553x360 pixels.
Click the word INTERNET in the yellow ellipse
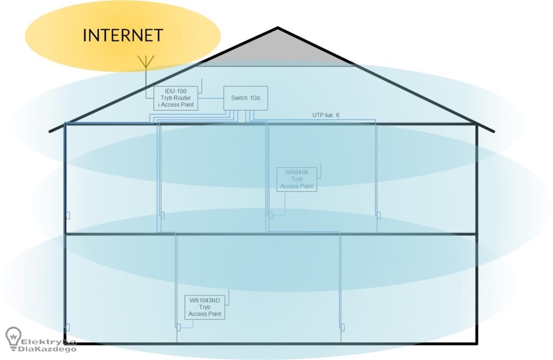point(123,36)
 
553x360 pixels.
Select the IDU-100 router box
point(176,98)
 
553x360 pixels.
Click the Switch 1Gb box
point(246,98)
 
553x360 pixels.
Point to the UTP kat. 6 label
point(326,115)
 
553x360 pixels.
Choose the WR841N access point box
point(296,179)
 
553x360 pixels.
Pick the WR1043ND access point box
point(205,307)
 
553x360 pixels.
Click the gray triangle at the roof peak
point(278,51)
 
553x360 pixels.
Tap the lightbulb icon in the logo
point(13,337)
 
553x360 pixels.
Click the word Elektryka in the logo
point(49,342)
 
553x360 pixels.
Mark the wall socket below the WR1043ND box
point(178,327)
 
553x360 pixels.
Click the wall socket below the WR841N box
point(269,215)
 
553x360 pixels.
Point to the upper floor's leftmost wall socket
point(68,215)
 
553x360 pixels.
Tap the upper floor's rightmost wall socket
point(379,215)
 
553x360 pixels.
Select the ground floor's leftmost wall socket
point(68,327)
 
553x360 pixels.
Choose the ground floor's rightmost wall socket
point(342,327)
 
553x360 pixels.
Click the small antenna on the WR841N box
point(320,171)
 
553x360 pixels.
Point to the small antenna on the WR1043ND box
point(228,297)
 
